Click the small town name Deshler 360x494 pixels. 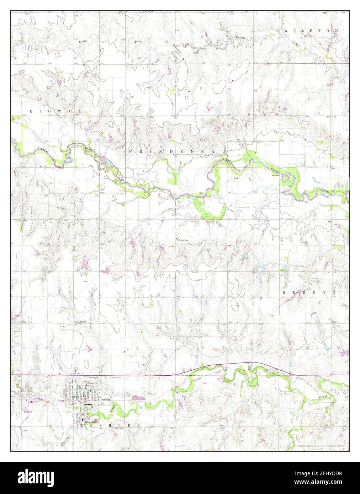coord(106,399)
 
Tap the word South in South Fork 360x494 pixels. coord(83,42)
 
